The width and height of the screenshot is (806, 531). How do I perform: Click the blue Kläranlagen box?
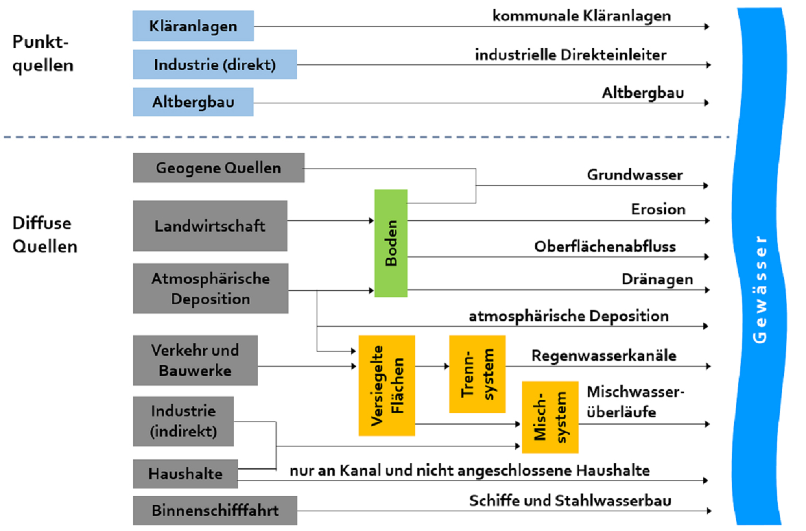coord(193,26)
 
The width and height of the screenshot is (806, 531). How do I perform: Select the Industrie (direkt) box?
coord(214,65)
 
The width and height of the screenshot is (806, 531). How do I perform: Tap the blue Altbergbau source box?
coord(193,102)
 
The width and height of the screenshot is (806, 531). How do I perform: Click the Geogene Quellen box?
coord(218,168)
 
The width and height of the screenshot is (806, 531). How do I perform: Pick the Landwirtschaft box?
coord(210,226)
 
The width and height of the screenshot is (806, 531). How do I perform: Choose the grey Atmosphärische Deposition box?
coord(210,288)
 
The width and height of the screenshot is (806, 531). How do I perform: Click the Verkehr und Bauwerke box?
coord(195,360)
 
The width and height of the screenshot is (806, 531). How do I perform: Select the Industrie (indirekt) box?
coord(183,421)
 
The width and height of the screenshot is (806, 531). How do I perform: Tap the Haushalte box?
coord(185,474)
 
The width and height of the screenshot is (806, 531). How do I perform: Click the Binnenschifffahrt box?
coord(215,510)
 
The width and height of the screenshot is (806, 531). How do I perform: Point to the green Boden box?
coord(391,243)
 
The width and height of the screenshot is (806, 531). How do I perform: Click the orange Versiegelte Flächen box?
coord(387,385)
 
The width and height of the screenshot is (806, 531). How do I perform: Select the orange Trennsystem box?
coord(477,374)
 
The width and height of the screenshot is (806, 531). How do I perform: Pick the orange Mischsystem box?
coord(550,417)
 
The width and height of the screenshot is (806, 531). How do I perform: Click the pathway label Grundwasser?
coord(634,175)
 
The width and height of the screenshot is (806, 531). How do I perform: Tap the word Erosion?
coord(658,209)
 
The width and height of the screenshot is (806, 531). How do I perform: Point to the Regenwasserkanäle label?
coord(604,356)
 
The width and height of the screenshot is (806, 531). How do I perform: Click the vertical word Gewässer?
coord(760,289)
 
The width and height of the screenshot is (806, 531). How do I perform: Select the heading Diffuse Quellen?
coord(45,235)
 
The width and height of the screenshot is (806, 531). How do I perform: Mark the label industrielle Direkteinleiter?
coord(570,55)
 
